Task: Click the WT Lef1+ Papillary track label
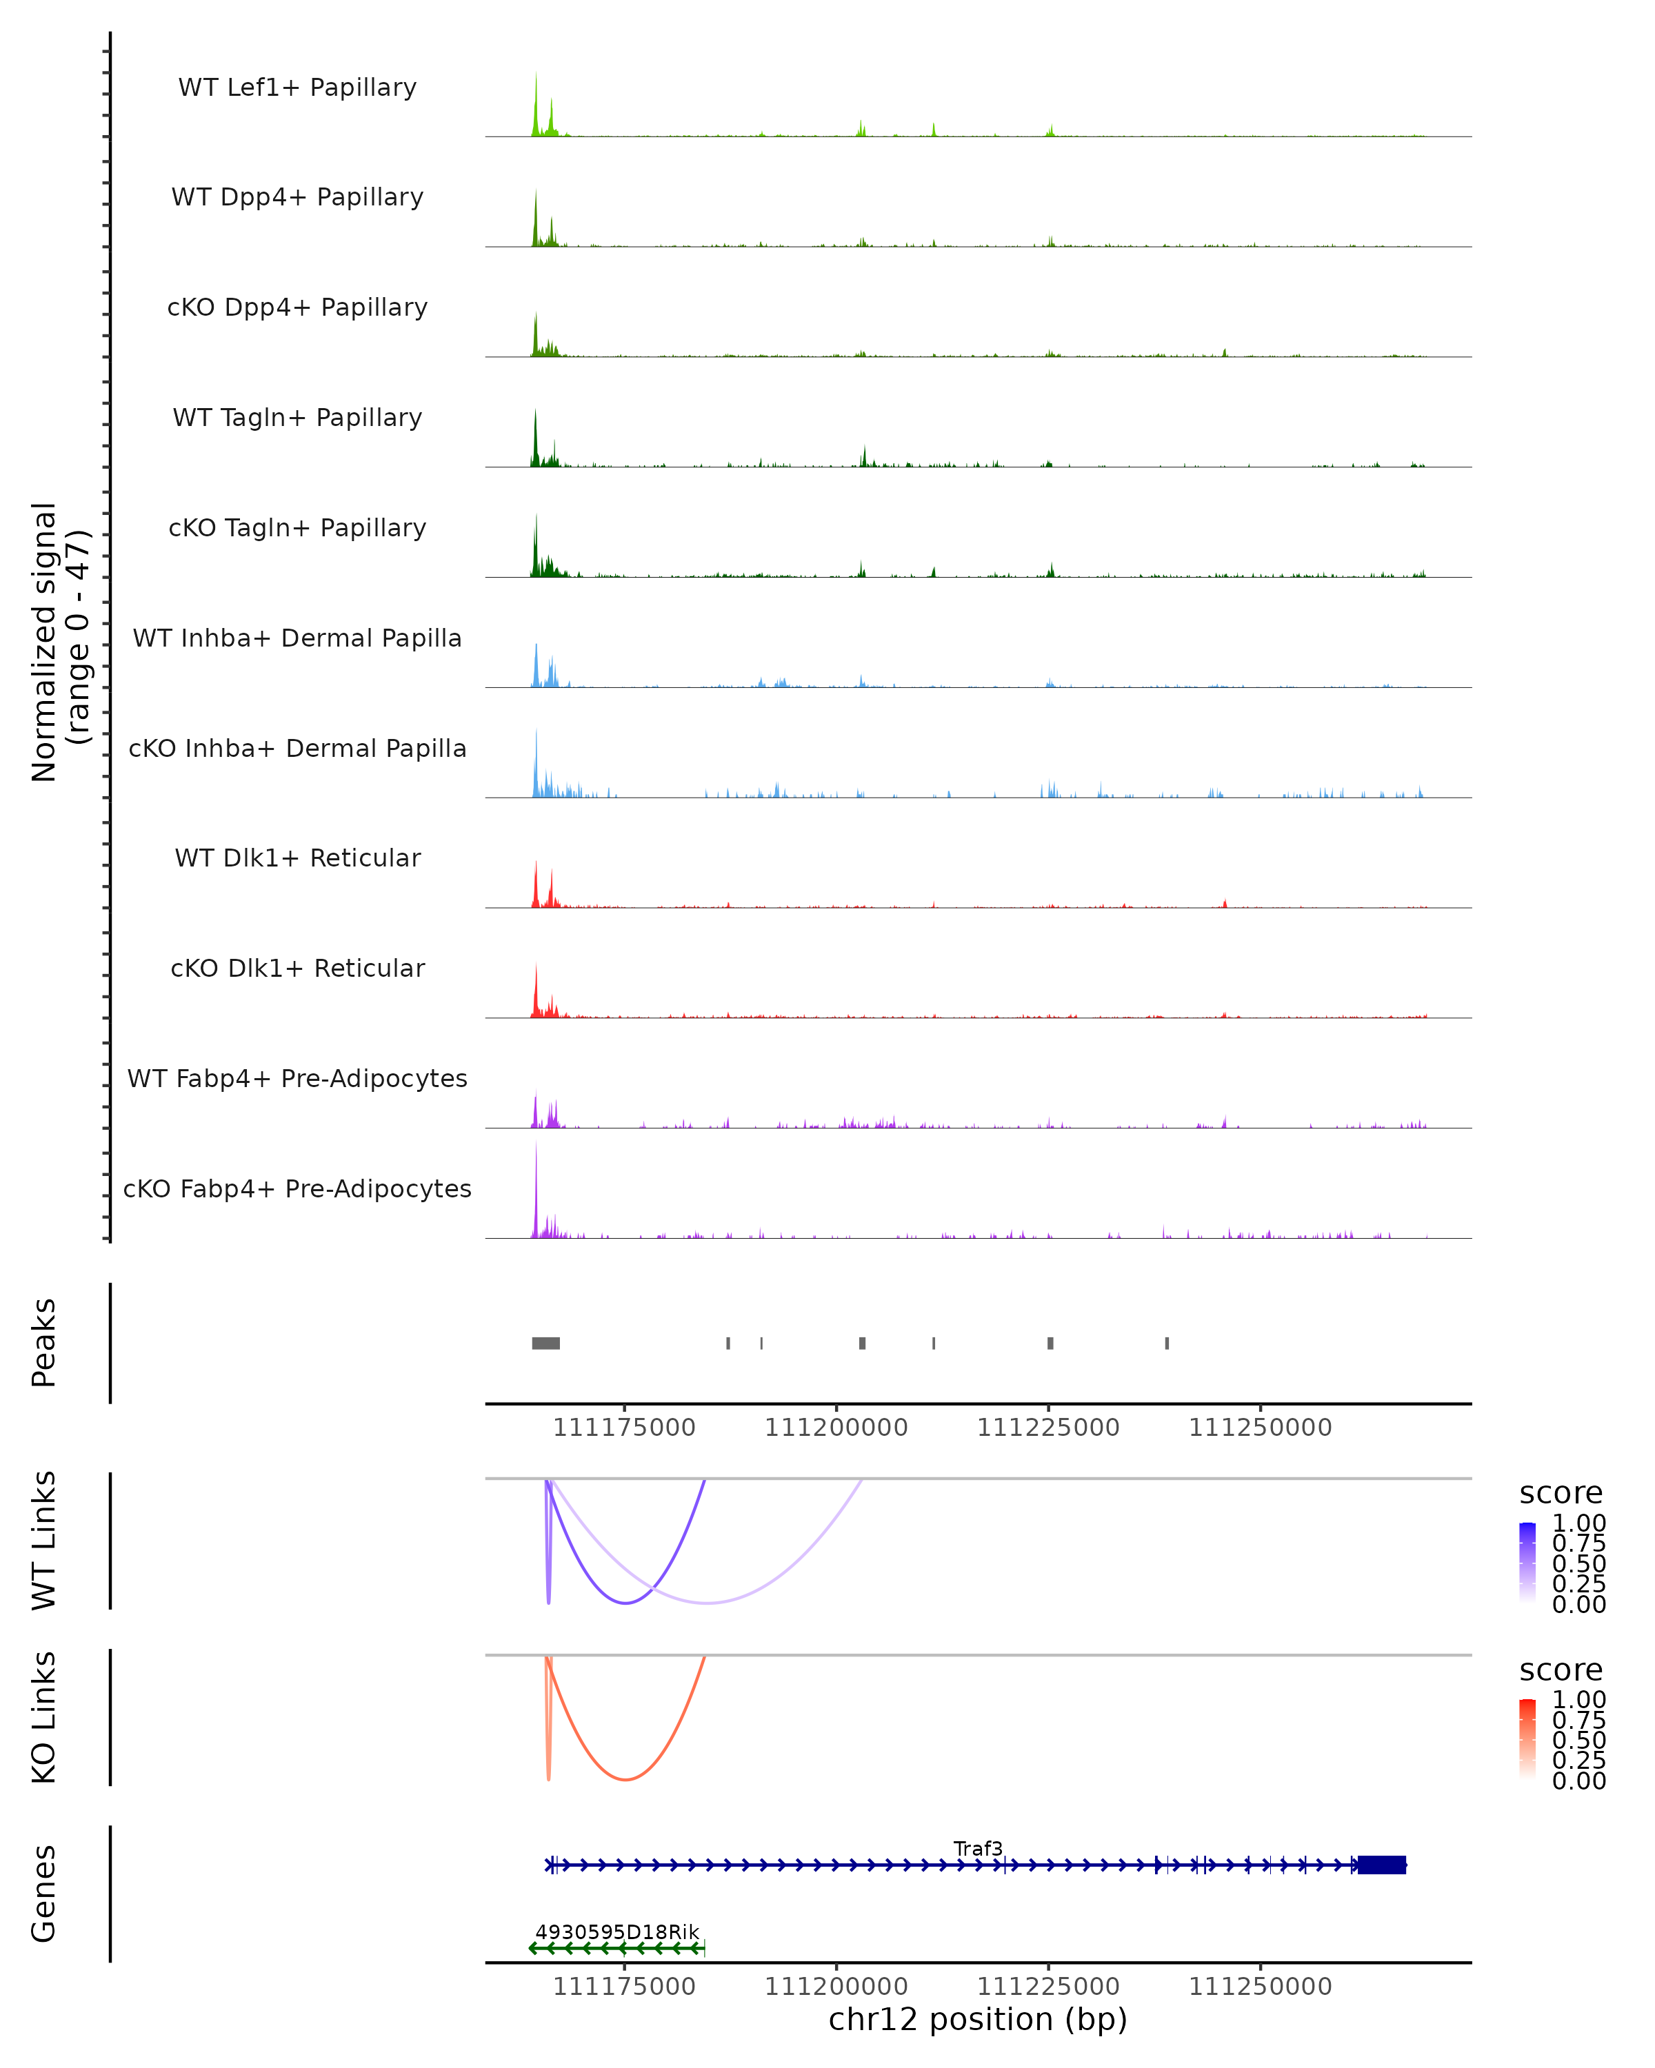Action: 297,88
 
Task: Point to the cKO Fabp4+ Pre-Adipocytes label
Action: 297,1188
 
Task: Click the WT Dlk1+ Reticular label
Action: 297,858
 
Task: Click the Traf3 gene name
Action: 978,1848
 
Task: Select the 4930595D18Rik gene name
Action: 617,1932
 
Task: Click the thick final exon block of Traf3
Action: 1381,1865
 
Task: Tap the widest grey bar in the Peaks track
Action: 546,1343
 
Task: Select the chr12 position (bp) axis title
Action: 978,2019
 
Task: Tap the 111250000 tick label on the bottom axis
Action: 1260,1985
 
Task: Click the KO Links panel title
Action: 44,1717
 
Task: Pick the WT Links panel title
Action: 44,1539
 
